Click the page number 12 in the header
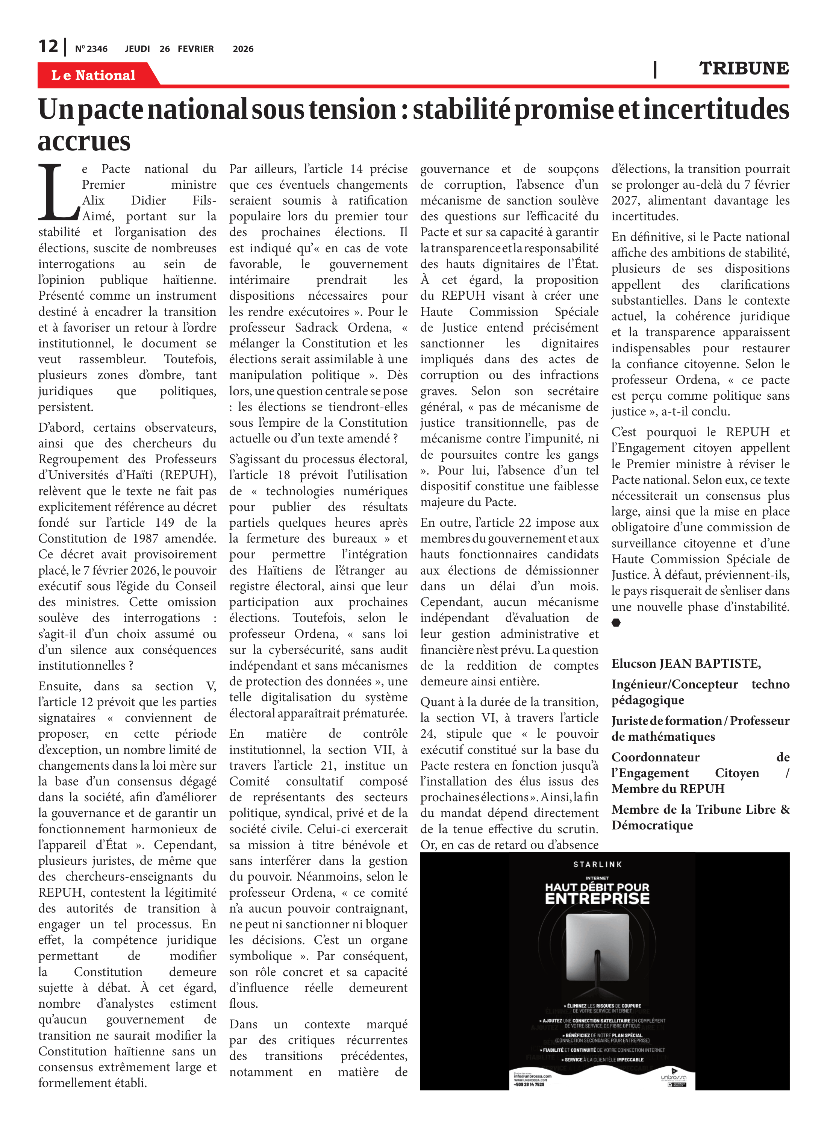48,46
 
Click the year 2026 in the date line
243,49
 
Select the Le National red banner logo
94,75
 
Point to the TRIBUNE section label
744,68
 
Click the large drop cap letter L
58,193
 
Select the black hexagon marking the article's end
616,622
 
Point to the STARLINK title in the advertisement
597,864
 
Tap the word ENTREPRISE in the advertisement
597,898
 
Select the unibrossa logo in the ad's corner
673,1078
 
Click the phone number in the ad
529,1084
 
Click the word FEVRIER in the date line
196,49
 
